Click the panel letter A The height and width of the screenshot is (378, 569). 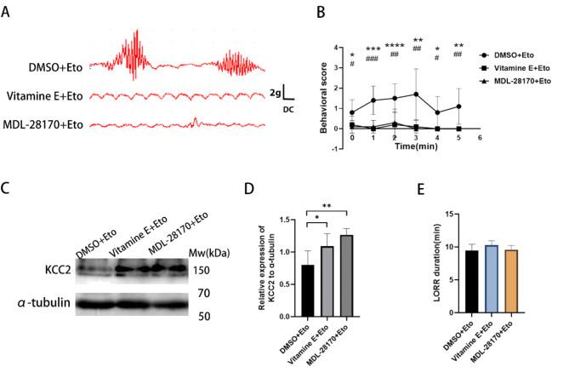(9, 9)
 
